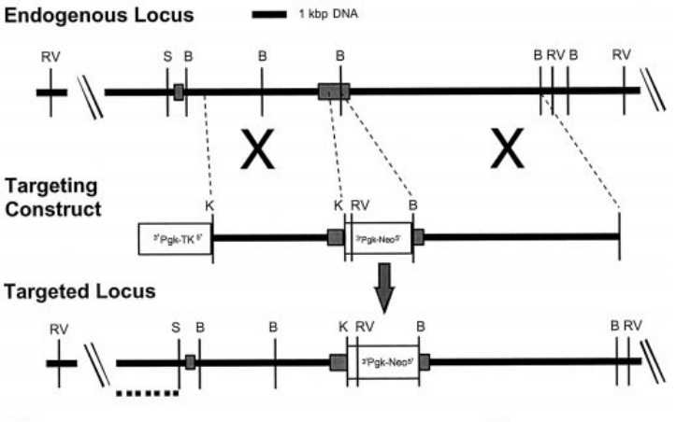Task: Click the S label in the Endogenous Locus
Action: tap(167, 56)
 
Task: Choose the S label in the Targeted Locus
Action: tap(178, 327)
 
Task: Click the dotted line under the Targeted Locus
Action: tap(147, 393)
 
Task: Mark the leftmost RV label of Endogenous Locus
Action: tap(50, 56)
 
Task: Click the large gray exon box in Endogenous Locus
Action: tap(333, 91)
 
